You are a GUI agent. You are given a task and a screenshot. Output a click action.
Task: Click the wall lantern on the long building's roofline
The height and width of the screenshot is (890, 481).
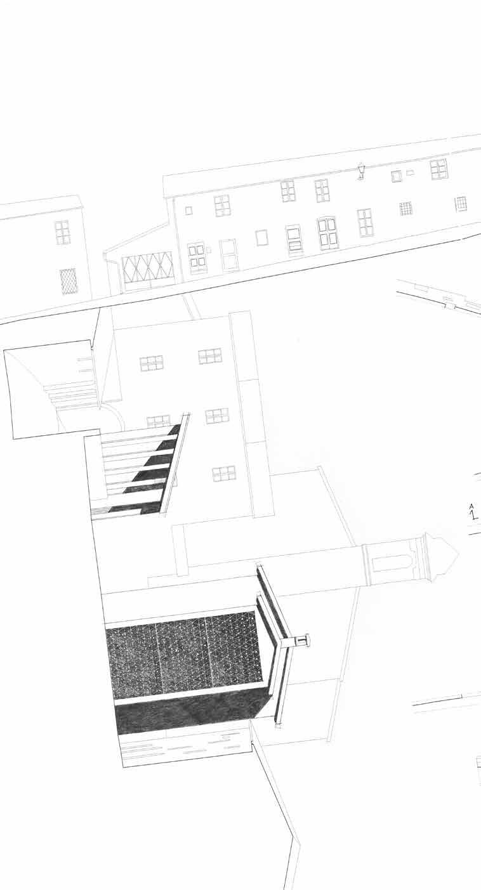point(361,171)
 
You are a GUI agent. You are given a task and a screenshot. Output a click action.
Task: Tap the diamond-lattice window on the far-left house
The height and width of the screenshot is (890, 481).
point(69,281)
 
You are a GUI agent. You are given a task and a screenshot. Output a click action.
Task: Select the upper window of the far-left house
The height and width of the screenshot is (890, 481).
point(62,232)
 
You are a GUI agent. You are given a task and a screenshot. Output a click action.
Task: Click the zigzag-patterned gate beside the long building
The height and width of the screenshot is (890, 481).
point(148,267)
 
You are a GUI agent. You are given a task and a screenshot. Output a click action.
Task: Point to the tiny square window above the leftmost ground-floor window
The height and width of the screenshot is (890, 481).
point(188,211)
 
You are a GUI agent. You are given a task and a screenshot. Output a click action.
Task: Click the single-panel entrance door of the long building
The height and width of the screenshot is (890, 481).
point(229,255)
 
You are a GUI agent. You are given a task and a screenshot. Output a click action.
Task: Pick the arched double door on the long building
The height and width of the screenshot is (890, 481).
point(327,233)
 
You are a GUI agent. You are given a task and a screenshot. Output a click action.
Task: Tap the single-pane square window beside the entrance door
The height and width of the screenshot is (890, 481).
point(261,237)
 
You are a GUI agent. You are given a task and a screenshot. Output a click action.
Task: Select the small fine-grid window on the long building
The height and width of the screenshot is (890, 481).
point(405,208)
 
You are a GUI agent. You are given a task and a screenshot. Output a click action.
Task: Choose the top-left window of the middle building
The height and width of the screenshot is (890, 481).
point(152,363)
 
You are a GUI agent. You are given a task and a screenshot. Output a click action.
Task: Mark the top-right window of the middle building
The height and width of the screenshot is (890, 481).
point(210,357)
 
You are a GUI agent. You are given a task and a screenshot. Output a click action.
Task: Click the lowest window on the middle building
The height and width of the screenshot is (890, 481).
point(224,473)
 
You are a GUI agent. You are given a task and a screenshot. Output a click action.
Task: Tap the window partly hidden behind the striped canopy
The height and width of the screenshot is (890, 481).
point(158,421)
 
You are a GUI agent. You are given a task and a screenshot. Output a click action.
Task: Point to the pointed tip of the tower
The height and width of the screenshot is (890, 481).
point(457,554)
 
